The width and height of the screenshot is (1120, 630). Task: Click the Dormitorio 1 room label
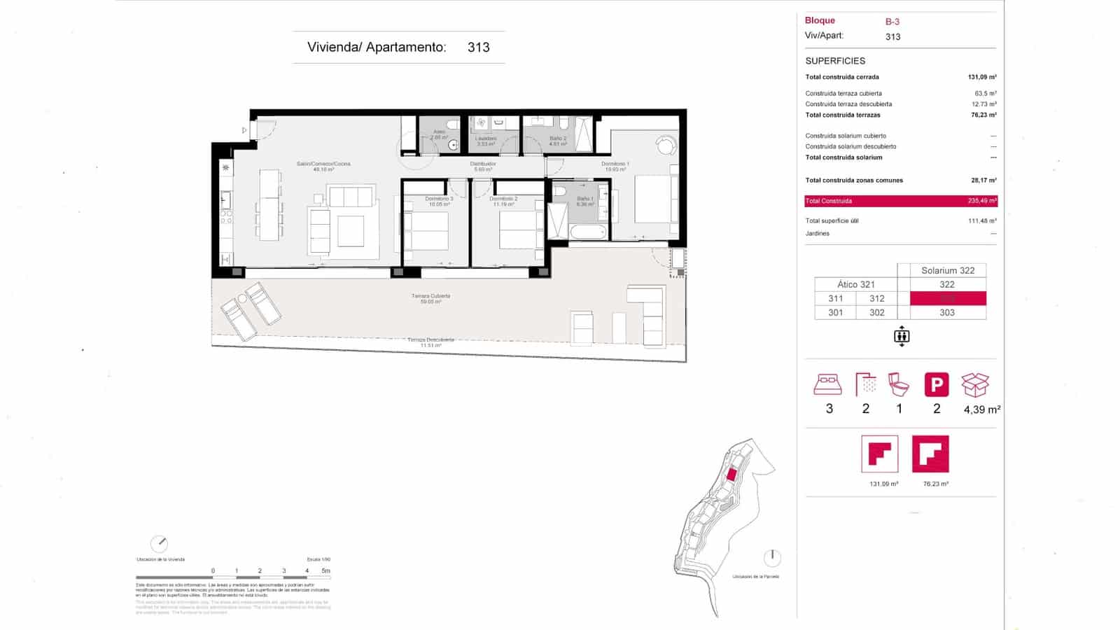[x=615, y=166]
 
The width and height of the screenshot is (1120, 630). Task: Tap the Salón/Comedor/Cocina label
[x=323, y=166]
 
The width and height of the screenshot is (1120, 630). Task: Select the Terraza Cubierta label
[x=430, y=298]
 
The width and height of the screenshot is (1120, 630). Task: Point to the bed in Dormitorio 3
[x=426, y=230]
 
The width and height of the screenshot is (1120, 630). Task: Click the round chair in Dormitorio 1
[x=666, y=145]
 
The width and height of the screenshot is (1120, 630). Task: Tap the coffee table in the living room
[x=351, y=230]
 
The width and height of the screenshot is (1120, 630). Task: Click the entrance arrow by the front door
[x=244, y=130]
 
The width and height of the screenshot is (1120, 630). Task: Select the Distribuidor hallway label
[x=483, y=166]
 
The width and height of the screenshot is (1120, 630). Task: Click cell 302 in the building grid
[x=877, y=313]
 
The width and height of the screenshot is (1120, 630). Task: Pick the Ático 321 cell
[x=856, y=284]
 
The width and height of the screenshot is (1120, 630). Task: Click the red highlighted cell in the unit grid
[x=948, y=298]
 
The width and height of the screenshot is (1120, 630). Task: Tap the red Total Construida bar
[x=901, y=201]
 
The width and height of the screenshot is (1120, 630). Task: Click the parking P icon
[x=937, y=385]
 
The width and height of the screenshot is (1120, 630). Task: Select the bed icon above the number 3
[x=827, y=384]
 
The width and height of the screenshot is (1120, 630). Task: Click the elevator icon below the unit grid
[x=902, y=337]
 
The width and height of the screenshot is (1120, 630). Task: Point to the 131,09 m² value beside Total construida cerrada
[x=982, y=77]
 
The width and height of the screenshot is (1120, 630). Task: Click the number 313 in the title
[x=479, y=48]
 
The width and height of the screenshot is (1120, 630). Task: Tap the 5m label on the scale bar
[x=325, y=570]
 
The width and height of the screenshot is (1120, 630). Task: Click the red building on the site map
[x=731, y=474]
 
